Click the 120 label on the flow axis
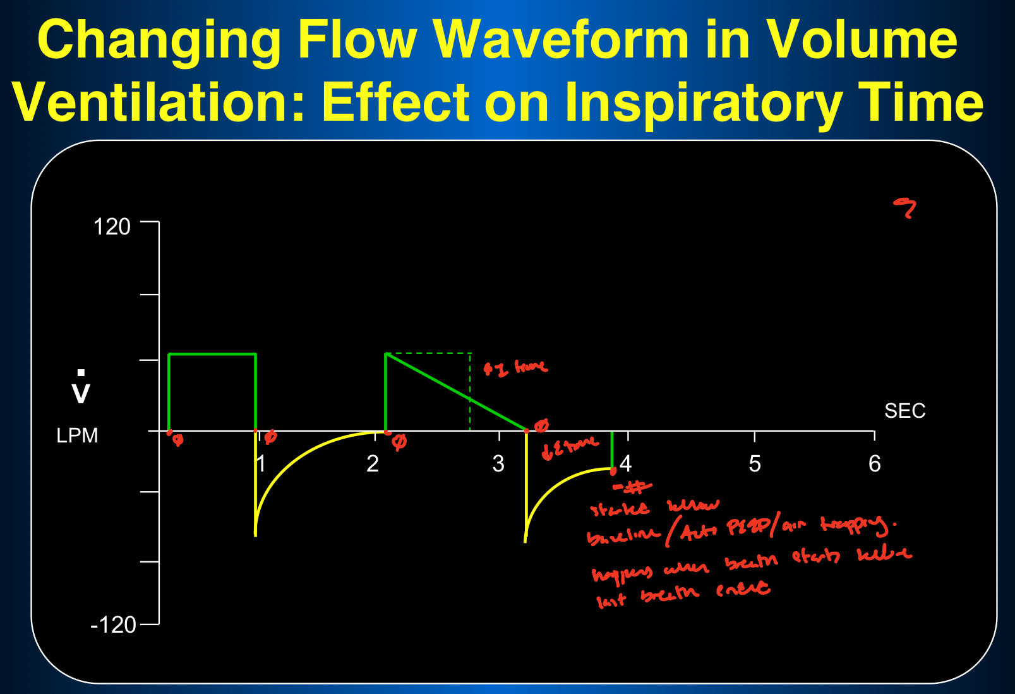tap(112, 226)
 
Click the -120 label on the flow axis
tap(114, 624)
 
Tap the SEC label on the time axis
tap(904, 411)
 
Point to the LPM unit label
tap(77, 435)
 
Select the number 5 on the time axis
tap(755, 464)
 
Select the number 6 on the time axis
tap(874, 464)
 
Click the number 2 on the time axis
tap(373, 464)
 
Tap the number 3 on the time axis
tap(498, 464)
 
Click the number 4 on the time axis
tap(625, 464)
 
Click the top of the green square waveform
tap(212, 354)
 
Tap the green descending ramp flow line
tap(455, 391)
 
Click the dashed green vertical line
tap(470, 398)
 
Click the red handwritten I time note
tap(515, 368)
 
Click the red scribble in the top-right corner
tap(905, 207)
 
